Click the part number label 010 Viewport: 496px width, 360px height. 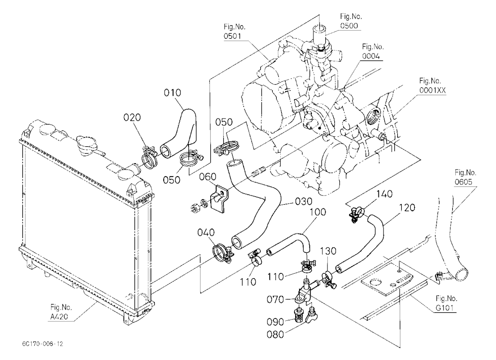[173, 93]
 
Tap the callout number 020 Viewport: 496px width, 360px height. [132, 118]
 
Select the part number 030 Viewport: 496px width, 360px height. [304, 201]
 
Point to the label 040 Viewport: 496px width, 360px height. [206, 233]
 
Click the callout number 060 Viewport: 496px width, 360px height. [207, 177]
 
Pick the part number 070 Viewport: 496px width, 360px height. [275, 299]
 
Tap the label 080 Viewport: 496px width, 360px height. [275, 334]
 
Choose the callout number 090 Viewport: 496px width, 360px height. [275, 322]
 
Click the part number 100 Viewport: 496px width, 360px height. [317, 212]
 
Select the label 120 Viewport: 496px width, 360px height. [407, 208]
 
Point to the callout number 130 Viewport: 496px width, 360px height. [328, 251]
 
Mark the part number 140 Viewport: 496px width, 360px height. [384, 193]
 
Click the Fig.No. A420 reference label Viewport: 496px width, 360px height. [61, 311]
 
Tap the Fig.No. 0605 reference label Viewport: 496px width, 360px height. [465, 177]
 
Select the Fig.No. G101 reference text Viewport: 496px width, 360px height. [446, 303]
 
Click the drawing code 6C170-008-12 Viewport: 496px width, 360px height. [43, 344]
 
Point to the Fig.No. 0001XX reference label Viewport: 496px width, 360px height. [433, 85]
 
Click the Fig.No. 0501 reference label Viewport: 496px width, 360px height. [235, 31]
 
